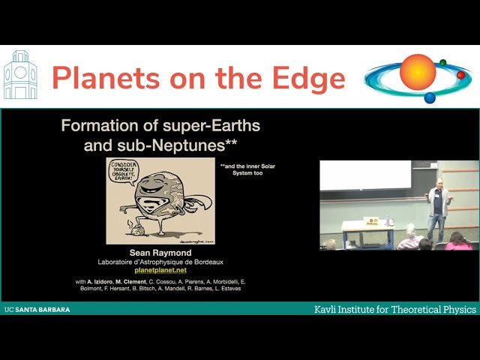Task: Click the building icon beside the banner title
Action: click(20, 76)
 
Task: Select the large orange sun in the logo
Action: click(418, 72)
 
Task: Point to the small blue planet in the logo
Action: click(430, 97)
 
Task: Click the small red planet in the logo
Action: click(460, 75)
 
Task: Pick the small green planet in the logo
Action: click(442, 62)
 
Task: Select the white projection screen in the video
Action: click(364, 175)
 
